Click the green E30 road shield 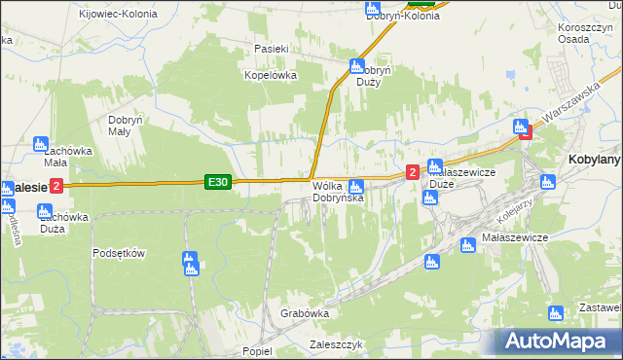pos(218,182)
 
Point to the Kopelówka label pos(270,75)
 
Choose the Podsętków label pos(119,253)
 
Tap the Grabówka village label pos(305,314)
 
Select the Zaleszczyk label pos(335,344)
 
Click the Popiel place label pos(258,351)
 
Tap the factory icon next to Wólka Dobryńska pos(357,186)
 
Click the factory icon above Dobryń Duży pos(356,66)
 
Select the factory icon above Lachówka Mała pos(41,143)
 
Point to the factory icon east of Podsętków pos(190,262)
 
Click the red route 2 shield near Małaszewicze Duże pos(413,172)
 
